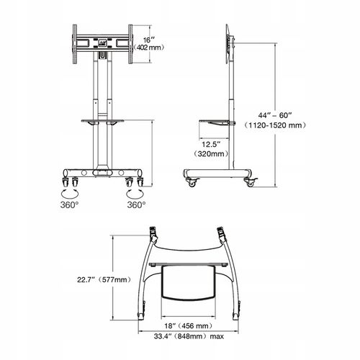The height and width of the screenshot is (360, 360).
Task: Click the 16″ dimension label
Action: point(149,40)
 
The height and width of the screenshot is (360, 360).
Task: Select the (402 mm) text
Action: point(149,48)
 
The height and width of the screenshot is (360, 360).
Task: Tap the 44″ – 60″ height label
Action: point(275,115)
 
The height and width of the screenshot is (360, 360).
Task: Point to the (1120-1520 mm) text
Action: point(275,125)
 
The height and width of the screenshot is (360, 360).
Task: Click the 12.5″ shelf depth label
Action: point(211,144)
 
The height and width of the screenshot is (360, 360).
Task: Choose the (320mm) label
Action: point(211,153)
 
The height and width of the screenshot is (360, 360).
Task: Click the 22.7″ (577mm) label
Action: point(104,279)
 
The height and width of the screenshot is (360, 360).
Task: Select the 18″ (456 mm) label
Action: point(189,325)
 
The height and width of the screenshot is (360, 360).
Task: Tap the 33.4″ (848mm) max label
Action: point(189,336)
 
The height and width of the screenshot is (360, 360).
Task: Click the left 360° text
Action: point(69,205)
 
